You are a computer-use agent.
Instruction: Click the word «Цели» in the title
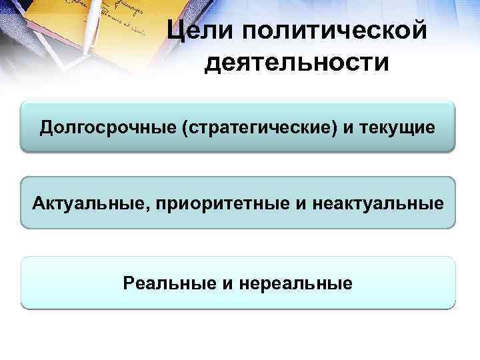tap(197, 30)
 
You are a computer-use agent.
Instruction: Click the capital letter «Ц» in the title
tap(175, 30)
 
